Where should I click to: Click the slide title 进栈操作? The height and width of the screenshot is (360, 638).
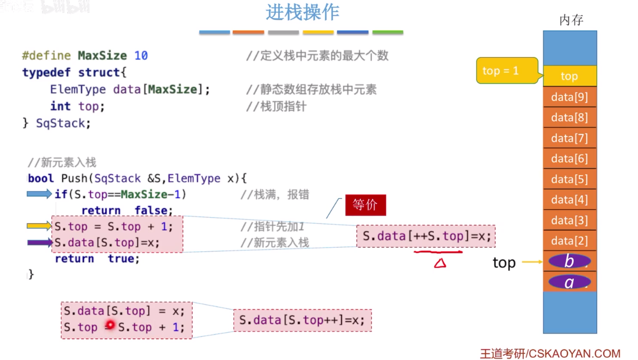pyautogui.click(x=302, y=12)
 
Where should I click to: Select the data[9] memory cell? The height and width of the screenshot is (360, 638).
pyautogui.click(x=569, y=97)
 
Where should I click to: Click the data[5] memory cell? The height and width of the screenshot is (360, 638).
pyautogui.click(x=569, y=179)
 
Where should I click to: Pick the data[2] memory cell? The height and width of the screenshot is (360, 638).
pyautogui.click(x=569, y=241)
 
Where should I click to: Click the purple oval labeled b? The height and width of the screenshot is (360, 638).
pyautogui.click(x=569, y=261)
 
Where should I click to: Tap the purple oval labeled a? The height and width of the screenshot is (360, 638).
pyautogui.click(x=569, y=282)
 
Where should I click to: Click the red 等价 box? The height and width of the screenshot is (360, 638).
pyautogui.click(x=365, y=205)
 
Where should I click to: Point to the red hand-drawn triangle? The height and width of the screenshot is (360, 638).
pyautogui.click(x=440, y=263)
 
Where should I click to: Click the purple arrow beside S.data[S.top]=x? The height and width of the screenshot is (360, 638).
pyautogui.click(x=40, y=243)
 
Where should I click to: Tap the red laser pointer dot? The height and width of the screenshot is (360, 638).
pyautogui.click(x=110, y=325)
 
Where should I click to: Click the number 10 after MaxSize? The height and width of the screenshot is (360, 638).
pyautogui.click(x=141, y=56)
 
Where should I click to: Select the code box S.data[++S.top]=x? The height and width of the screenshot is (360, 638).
pyautogui.click(x=426, y=236)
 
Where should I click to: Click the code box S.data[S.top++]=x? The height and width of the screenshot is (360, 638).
pyautogui.click(x=302, y=320)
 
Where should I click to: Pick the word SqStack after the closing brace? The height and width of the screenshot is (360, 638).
pyautogui.click(x=61, y=123)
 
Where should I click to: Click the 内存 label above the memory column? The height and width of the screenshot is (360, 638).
pyautogui.click(x=571, y=20)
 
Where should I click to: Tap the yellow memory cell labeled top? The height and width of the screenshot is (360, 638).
pyautogui.click(x=569, y=76)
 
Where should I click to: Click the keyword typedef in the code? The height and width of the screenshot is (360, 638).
pyautogui.click(x=46, y=72)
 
